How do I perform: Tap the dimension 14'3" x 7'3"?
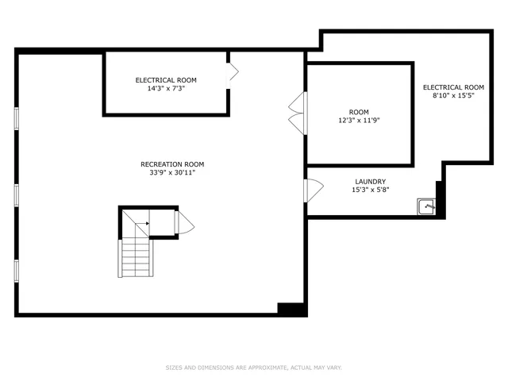166,88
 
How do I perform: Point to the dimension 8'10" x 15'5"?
453,95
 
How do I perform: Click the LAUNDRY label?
370,182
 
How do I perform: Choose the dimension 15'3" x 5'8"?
370,190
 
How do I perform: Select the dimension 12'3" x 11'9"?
359,121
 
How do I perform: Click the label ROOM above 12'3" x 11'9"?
359,113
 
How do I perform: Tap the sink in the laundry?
427,207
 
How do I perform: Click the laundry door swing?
314,190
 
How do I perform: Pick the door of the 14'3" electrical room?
233,74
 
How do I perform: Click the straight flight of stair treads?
134,258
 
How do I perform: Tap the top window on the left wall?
16,117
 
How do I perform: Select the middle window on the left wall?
16,194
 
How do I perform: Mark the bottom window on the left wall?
16,270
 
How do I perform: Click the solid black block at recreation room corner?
291,310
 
